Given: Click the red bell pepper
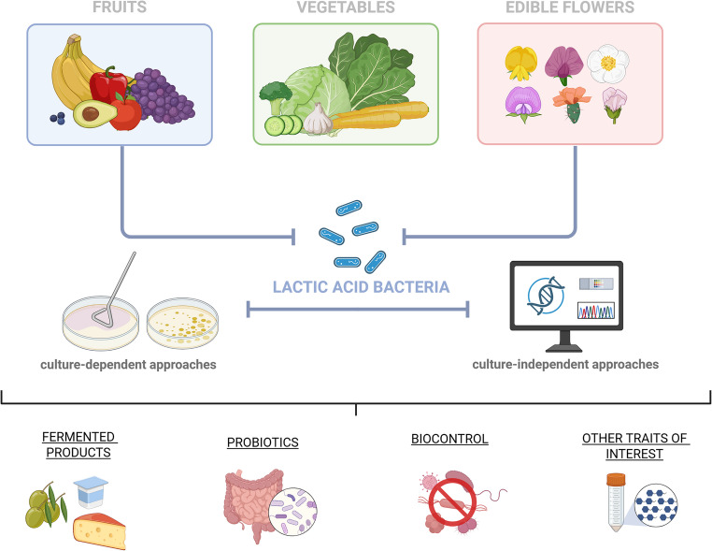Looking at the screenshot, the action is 108,85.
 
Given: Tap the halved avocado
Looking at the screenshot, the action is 94,113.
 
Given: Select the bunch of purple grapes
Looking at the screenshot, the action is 163,95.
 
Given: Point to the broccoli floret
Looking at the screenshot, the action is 275,97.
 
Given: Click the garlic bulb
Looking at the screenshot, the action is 319,120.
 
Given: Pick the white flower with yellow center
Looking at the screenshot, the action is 608,64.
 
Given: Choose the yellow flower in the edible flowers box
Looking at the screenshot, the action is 520,64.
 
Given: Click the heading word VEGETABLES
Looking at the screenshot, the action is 346,7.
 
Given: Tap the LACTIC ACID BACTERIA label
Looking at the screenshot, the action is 361,287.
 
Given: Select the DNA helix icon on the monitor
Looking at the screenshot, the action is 546,296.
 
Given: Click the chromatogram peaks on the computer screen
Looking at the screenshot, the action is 596,311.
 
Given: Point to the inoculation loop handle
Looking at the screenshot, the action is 122,279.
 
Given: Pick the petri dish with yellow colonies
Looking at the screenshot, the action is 182,324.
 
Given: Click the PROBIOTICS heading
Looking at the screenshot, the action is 263,442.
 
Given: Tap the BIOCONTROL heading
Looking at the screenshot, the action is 449,439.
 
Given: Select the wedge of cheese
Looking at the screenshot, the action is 99,530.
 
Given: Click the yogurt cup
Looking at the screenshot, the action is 91,492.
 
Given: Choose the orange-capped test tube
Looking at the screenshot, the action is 615,502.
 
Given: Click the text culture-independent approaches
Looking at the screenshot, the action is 565,364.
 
